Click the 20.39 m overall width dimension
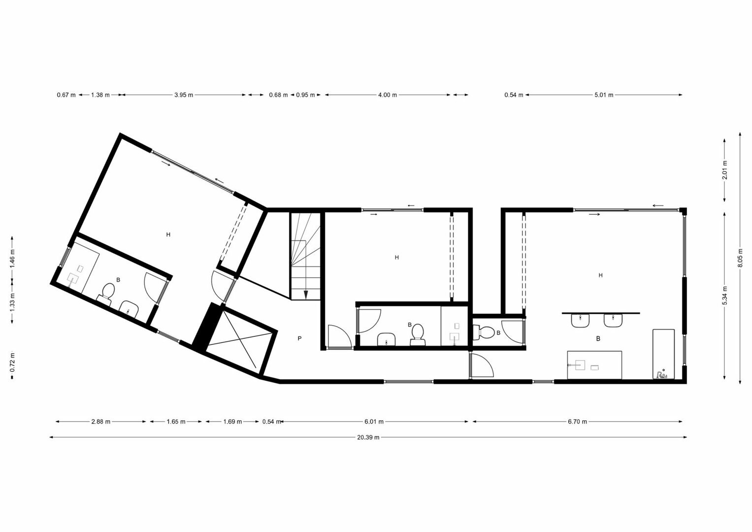pyautogui.click(x=368, y=437)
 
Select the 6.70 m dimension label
pyautogui.click(x=578, y=422)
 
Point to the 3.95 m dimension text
pyautogui.click(x=184, y=95)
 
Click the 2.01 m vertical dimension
pyautogui.click(x=725, y=170)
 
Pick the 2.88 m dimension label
pyautogui.click(x=101, y=422)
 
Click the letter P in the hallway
pyautogui.click(x=299, y=338)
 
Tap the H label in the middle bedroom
pyautogui.click(x=397, y=258)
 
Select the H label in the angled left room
pyautogui.click(x=168, y=234)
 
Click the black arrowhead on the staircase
pyautogui.click(x=305, y=295)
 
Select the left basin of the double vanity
pyautogui.click(x=581, y=320)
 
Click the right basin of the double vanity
pyautogui.click(x=613, y=320)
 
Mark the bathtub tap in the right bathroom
pyautogui.click(x=661, y=374)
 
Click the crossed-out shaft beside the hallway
pyautogui.click(x=241, y=344)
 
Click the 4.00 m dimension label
pyautogui.click(x=388, y=95)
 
